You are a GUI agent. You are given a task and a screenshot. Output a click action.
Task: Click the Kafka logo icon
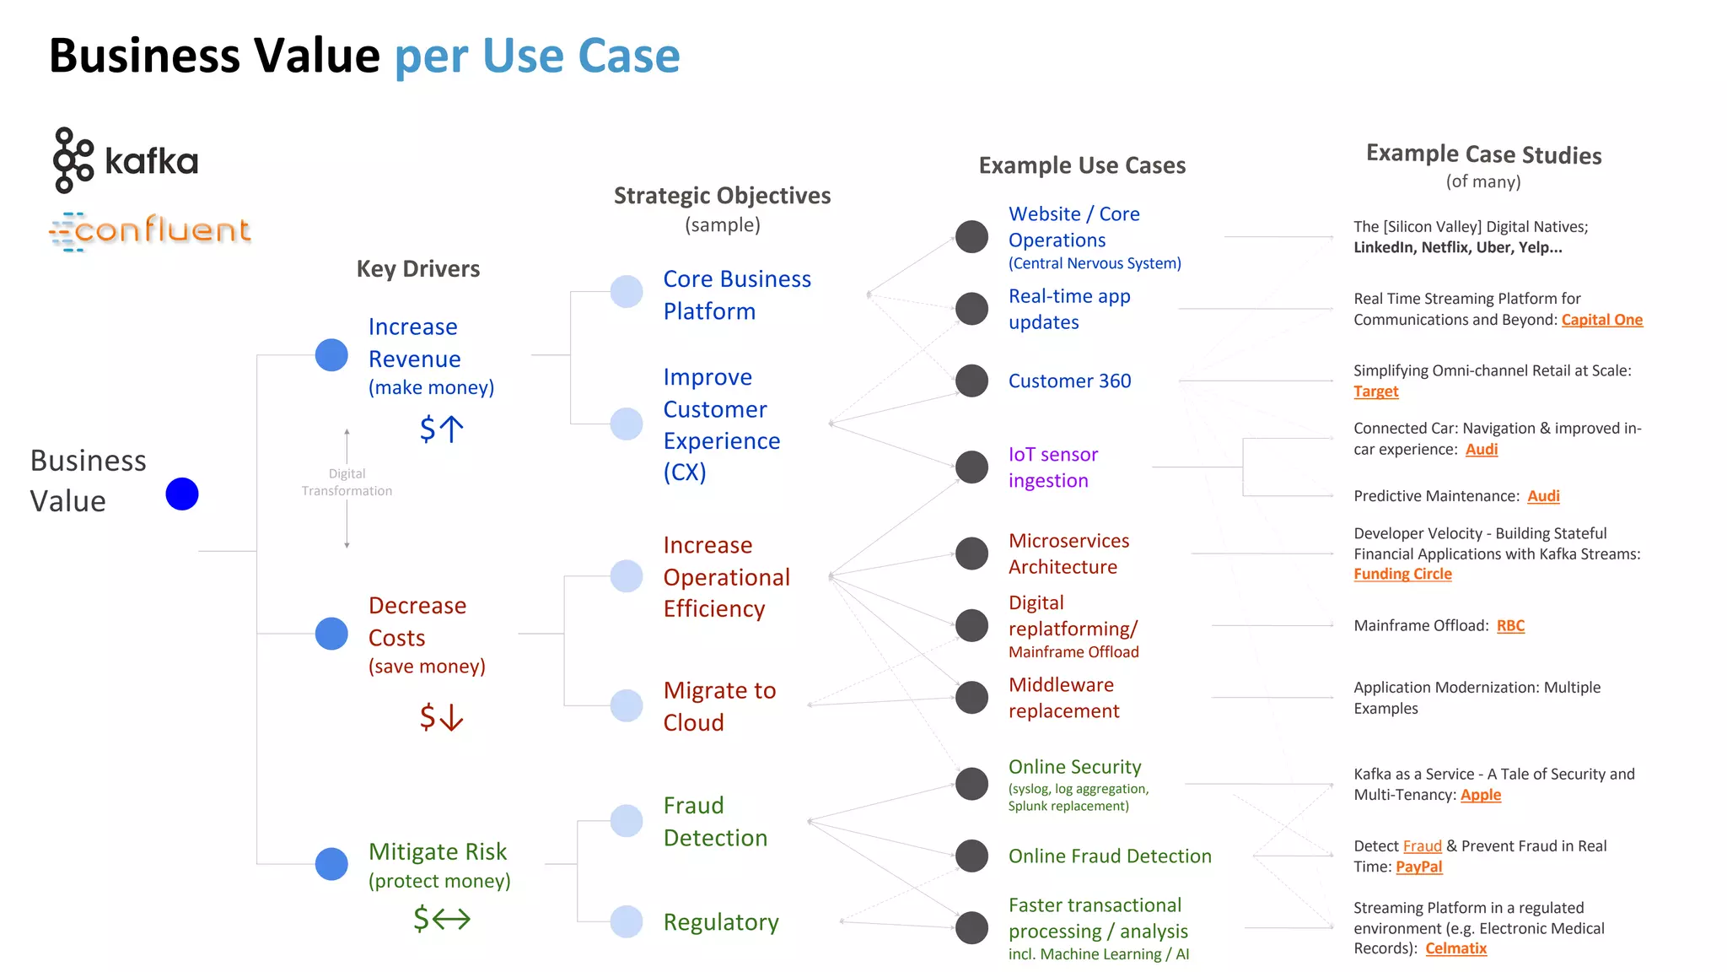tap(73, 160)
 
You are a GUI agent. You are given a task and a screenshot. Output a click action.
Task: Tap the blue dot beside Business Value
tap(182, 494)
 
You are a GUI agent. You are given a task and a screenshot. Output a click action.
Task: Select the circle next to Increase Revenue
tap(331, 355)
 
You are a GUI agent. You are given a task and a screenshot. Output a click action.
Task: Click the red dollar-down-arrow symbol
tap(441, 717)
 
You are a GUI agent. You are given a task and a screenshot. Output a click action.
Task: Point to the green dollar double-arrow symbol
tap(441, 918)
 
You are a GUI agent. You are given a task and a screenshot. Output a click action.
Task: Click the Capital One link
tap(1601, 320)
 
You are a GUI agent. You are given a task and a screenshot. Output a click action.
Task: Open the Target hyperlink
tap(1375, 391)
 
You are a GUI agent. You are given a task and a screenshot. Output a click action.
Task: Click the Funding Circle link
tap(1402, 574)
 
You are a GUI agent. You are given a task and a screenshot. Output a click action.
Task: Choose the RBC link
tap(1510, 626)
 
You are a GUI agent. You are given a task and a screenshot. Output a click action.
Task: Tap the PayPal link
tap(1418, 867)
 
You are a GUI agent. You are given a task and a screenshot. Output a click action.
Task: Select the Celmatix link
tap(1455, 948)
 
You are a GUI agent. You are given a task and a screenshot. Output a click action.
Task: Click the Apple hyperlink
tap(1480, 795)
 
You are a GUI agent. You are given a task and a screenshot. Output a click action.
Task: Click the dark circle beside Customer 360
tap(971, 381)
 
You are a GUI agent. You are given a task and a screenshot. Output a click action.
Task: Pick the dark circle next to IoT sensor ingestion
tap(971, 467)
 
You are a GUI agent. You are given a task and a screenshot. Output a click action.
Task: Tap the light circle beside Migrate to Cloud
tap(627, 705)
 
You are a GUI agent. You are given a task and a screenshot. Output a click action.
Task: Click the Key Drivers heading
tap(418, 269)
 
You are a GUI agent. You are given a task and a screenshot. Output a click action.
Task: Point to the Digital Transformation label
tap(347, 483)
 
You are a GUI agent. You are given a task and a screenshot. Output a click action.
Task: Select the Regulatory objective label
tap(721, 922)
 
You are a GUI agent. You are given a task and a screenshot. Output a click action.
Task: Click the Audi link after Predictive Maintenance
tap(1543, 496)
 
